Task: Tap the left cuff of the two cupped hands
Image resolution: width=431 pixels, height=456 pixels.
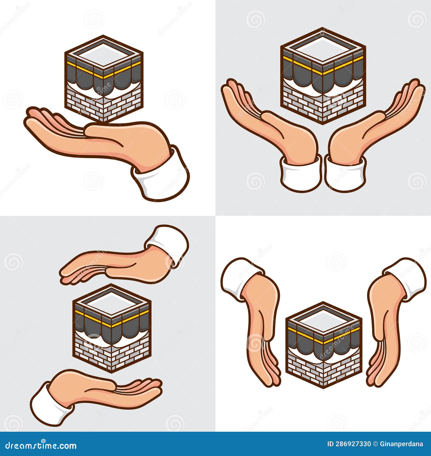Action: pos(300,174)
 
